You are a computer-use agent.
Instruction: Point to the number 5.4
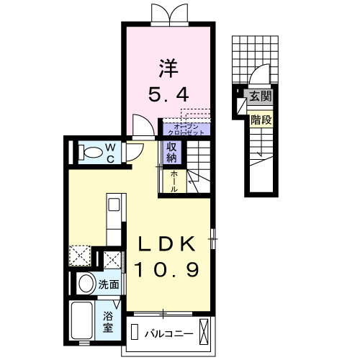coord(169,94)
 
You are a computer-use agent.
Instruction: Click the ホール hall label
coord(174,180)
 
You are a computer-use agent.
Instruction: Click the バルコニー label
coord(166,334)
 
